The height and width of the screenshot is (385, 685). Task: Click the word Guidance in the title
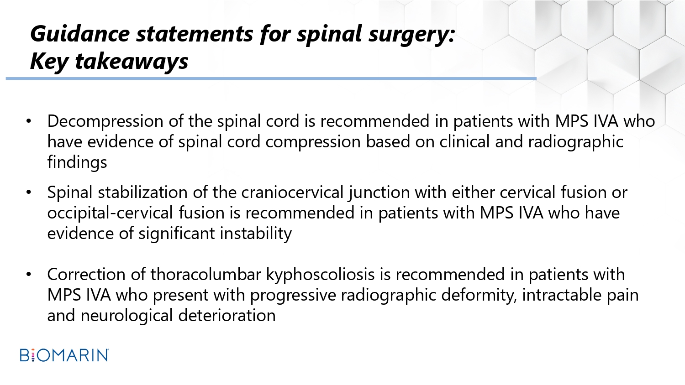click(x=80, y=34)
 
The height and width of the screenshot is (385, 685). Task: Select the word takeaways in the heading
click(x=132, y=62)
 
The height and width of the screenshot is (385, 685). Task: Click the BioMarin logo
click(x=64, y=355)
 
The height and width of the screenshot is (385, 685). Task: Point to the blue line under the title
click(x=271, y=78)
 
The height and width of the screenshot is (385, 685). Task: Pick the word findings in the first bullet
click(x=77, y=161)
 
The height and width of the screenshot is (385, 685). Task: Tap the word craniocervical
click(x=292, y=192)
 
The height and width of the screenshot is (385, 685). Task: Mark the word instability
click(x=256, y=234)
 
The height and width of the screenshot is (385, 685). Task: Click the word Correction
click(x=87, y=274)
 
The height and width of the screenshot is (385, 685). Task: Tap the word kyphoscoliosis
click(x=321, y=275)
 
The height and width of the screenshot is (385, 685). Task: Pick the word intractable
click(x=561, y=295)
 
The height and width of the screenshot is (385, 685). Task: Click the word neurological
click(x=127, y=316)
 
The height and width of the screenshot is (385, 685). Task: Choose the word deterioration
click(x=227, y=315)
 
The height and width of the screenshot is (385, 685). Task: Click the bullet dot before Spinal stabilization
click(x=29, y=192)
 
